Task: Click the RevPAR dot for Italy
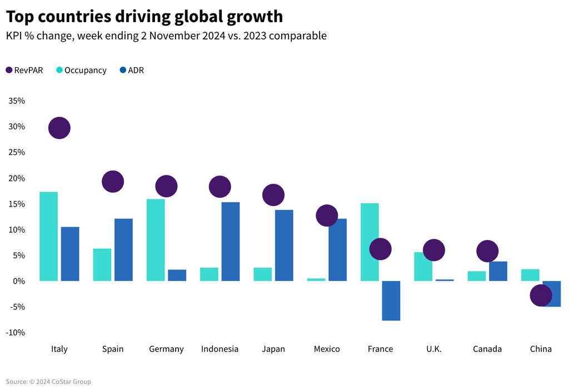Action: pos(59,128)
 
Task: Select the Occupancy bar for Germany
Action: pos(156,240)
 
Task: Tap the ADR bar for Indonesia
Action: pos(230,242)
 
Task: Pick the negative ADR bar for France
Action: pos(391,300)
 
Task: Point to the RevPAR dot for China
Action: pos(541,295)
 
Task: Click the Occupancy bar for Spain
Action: pos(102,265)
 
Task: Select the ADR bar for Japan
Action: pos(283,245)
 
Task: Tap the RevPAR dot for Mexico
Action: pos(327,215)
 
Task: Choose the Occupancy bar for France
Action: pos(370,242)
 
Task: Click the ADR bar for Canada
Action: pos(498,271)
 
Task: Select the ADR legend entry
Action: pos(132,71)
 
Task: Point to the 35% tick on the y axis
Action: pos(16,101)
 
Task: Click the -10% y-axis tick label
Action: pos(16,333)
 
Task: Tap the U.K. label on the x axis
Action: pos(434,349)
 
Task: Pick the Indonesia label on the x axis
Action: pos(219,349)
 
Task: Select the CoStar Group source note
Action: pos(48,382)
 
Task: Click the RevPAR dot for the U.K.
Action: pos(434,250)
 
